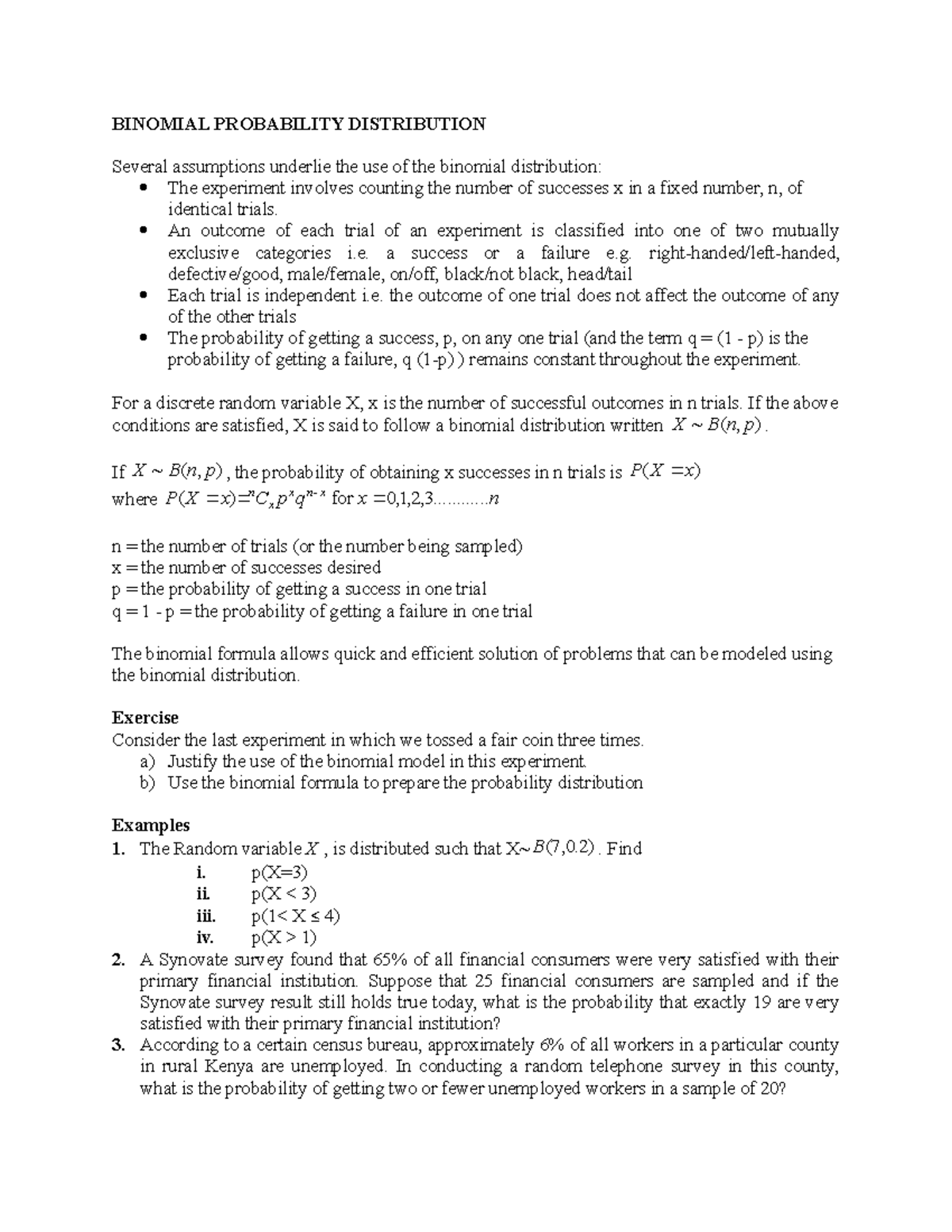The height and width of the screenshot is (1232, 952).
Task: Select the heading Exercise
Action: pyautogui.click(x=145, y=718)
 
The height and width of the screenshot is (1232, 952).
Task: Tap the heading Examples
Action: pyautogui.click(x=151, y=825)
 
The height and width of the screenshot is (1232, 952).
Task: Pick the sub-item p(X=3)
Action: pyautogui.click(x=279, y=873)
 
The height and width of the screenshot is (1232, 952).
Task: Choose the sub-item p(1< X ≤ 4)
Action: pyautogui.click(x=295, y=916)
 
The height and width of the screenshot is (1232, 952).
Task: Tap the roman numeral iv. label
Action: pyautogui.click(x=205, y=938)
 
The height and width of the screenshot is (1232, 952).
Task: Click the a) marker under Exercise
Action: pyautogui.click(x=148, y=762)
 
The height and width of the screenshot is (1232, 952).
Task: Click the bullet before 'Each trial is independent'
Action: pyautogui.click(x=143, y=296)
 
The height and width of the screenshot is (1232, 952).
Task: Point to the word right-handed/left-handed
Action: pyautogui.click(x=743, y=253)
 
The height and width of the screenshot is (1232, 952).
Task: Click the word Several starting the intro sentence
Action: pyautogui.click(x=139, y=167)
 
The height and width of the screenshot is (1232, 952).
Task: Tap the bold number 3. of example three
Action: pyautogui.click(x=118, y=1046)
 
